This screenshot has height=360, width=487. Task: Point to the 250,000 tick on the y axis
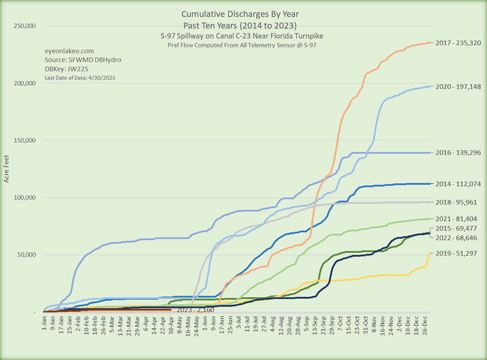pyautogui.click(x=24, y=26)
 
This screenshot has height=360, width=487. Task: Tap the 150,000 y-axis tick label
pyautogui.click(x=24, y=141)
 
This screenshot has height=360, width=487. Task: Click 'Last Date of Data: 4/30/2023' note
pyautogui.click(x=79, y=78)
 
